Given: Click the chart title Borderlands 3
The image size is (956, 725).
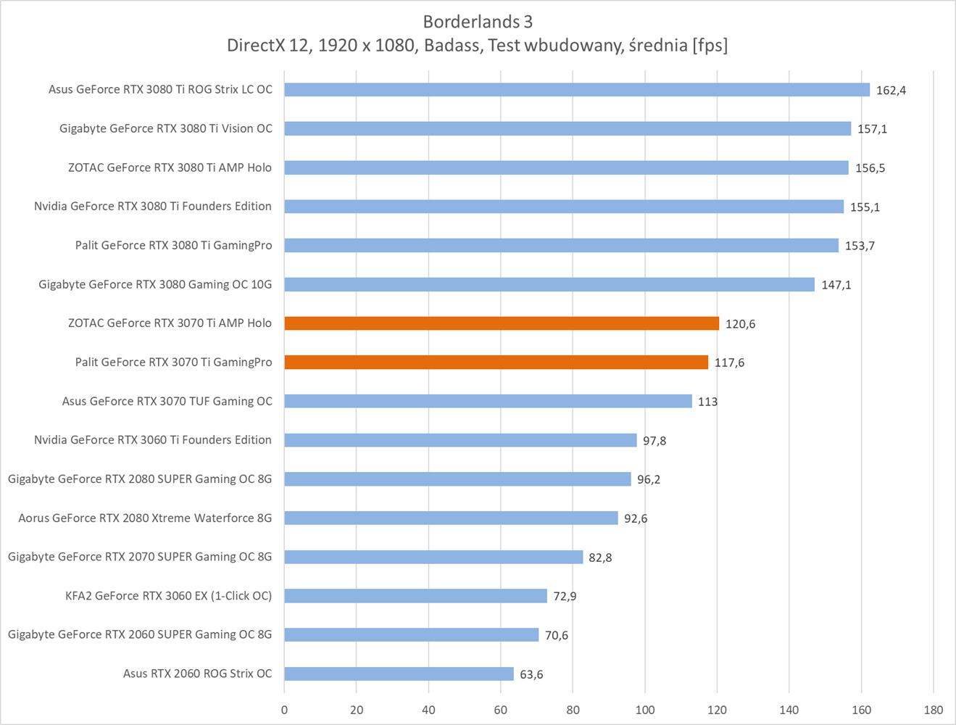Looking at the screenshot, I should (x=478, y=21).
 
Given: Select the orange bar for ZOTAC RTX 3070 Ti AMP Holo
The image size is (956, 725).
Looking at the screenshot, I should (x=502, y=323).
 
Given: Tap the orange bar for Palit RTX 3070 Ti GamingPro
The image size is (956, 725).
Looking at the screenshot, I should (x=496, y=362).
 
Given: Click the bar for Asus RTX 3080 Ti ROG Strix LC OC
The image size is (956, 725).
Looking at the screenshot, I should (x=577, y=90).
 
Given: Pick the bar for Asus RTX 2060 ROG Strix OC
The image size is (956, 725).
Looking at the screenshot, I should (x=399, y=674).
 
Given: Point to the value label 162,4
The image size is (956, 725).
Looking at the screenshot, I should (x=891, y=91).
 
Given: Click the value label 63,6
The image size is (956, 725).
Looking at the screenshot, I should (x=531, y=674).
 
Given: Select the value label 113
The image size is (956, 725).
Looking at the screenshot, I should (x=707, y=402).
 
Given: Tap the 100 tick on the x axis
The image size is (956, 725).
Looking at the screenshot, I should (x=645, y=710).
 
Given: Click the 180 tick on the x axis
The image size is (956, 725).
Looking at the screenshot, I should (x=934, y=710).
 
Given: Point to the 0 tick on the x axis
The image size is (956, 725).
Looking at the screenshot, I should (x=284, y=710).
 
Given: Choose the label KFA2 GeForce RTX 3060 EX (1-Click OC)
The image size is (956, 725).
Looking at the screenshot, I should (x=168, y=596).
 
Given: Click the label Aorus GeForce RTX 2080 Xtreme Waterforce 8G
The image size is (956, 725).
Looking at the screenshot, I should (x=145, y=518).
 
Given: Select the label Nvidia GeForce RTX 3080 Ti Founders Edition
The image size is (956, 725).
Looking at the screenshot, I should (x=153, y=206).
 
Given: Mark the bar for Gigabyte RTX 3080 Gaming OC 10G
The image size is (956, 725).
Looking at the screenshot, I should (x=549, y=284).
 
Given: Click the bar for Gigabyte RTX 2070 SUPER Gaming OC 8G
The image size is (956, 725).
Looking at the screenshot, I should (x=433, y=557).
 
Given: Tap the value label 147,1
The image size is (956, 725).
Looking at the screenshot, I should (x=836, y=285).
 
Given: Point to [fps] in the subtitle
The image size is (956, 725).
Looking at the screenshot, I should (x=710, y=46).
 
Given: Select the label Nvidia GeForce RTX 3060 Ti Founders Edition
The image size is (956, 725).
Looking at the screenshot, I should (x=153, y=440).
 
